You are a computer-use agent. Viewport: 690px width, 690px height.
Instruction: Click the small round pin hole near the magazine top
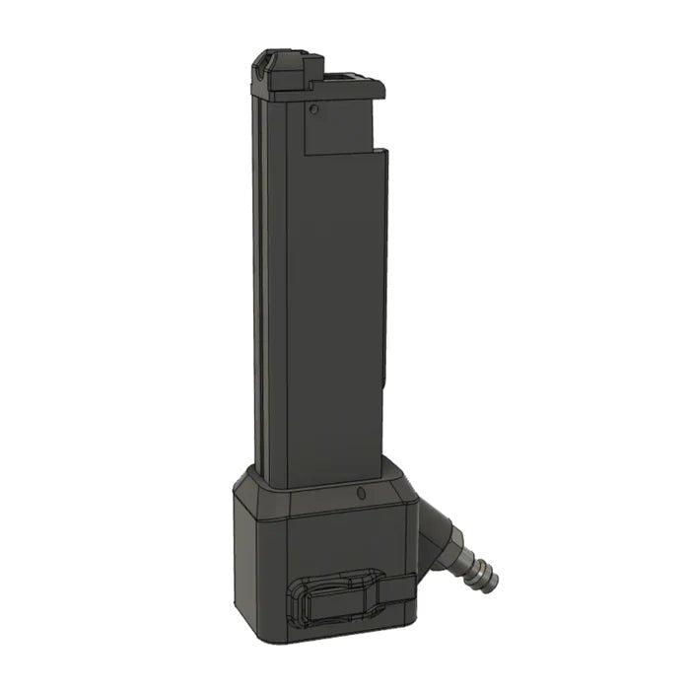pos(312,109)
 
